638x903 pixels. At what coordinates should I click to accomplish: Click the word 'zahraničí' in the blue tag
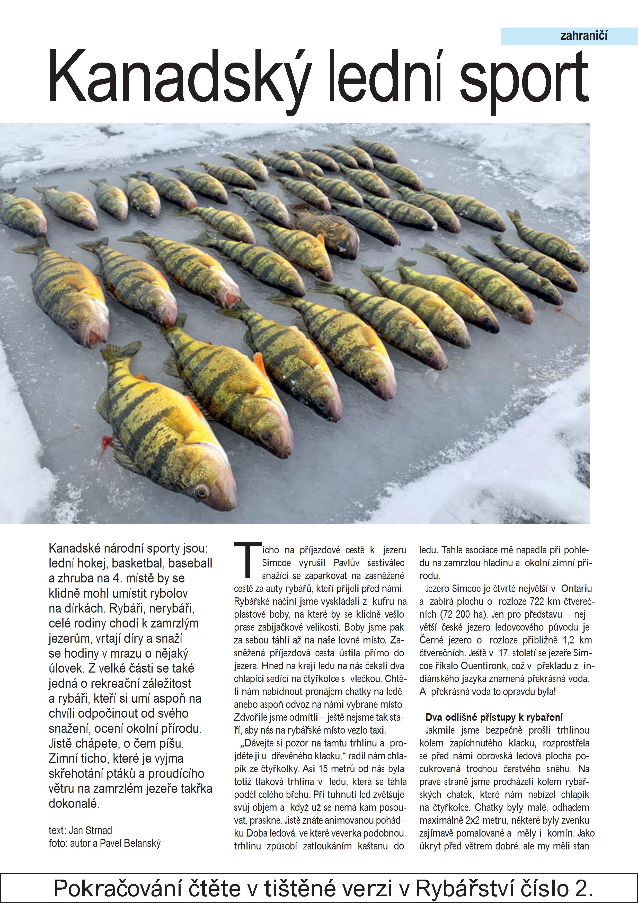click(583, 36)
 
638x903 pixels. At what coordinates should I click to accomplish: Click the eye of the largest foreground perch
click(201, 491)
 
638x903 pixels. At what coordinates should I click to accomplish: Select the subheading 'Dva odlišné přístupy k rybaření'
click(494, 717)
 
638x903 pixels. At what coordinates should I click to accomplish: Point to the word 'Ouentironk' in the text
click(483, 666)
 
